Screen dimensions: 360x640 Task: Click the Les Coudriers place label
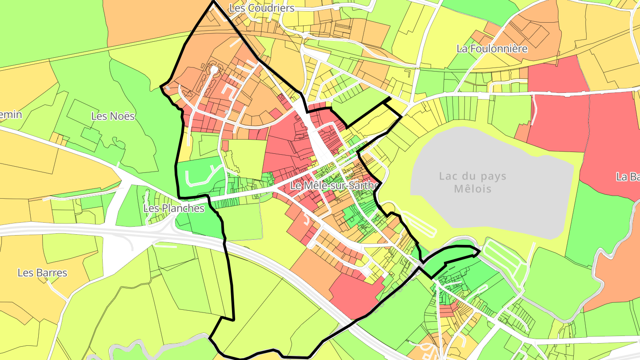coord(261,8)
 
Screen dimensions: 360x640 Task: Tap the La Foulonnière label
coord(492,48)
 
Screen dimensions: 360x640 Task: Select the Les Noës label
coord(113,116)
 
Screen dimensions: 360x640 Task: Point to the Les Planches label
coord(174,208)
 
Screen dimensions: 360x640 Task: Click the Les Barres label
coord(42,272)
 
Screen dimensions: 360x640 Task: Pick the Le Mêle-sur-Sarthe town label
coord(334,185)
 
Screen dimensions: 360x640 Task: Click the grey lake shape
coord(489,209)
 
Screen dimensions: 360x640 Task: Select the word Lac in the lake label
coord(448,176)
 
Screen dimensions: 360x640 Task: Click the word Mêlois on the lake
coord(472,189)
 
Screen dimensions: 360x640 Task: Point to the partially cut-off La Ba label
coord(628,176)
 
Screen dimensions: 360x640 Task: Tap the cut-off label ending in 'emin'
coord(11,115)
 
